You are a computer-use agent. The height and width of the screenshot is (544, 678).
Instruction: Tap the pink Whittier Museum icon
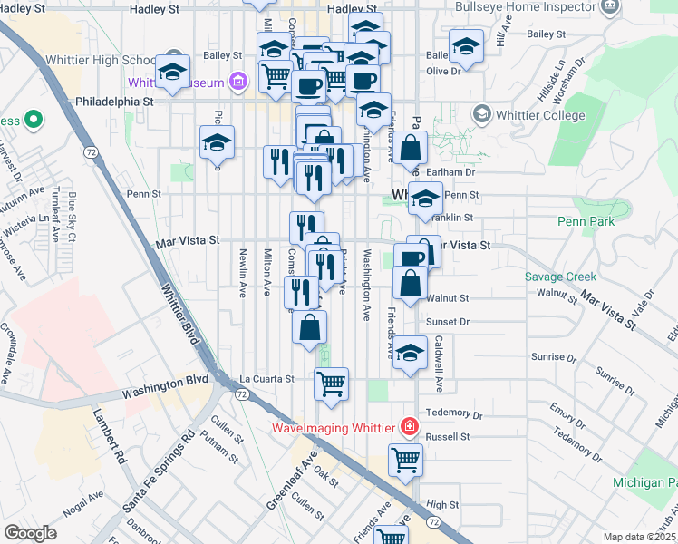pos(238,82)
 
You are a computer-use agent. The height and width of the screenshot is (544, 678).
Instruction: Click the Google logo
pos(30,533)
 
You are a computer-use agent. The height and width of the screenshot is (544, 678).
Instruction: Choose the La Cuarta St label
pos(266,379)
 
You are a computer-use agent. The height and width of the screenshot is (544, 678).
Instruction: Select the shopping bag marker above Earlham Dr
pos(410,147)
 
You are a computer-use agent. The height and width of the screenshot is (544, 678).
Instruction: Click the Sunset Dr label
pos(450,321)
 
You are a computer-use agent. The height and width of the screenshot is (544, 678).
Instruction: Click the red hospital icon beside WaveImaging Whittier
pos(410,426)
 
